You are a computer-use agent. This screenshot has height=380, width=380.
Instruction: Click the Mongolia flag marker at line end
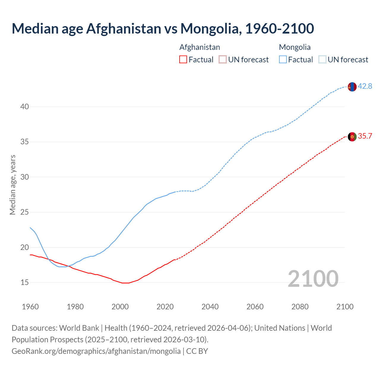click(x=352, y=87)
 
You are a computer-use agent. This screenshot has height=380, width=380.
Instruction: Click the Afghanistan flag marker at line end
click(x=352, y=137)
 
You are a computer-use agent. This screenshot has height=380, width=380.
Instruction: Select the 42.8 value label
click(x=365, y=86)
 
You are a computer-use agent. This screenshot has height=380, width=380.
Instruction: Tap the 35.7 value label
click(x=365, y=136)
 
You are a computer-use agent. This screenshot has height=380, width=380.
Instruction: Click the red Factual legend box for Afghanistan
click(x=183, y=60)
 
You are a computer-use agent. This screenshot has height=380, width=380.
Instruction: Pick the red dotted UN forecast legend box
click(x=223, y=60)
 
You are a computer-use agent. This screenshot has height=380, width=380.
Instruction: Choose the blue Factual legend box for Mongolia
click(x=283, y=60)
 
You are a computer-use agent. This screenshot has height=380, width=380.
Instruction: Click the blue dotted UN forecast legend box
click(x=322, y=60)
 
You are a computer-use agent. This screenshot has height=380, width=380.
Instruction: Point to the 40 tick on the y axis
click(x=25, y=107)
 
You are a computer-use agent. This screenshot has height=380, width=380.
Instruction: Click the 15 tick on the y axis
click(x=25, y=282)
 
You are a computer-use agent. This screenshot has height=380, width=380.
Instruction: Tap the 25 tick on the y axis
click(x=25, y=212)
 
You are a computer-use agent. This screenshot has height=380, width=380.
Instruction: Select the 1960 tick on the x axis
click(x=30, y=307)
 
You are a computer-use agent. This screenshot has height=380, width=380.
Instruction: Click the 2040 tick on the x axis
click(x=210, y=307)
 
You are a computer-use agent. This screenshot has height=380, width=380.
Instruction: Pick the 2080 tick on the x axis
click(x=300, y=307)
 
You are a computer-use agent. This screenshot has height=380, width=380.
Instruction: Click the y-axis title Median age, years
click(x=12, y=185)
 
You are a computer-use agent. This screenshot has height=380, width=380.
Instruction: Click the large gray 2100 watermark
click(x=313, y=278)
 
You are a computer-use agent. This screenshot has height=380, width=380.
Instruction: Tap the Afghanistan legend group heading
click(x=199, y=47)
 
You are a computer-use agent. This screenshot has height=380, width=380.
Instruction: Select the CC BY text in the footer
click(x=197, y=351)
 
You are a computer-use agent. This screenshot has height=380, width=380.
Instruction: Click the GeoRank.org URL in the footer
click(x=96, y=351)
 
